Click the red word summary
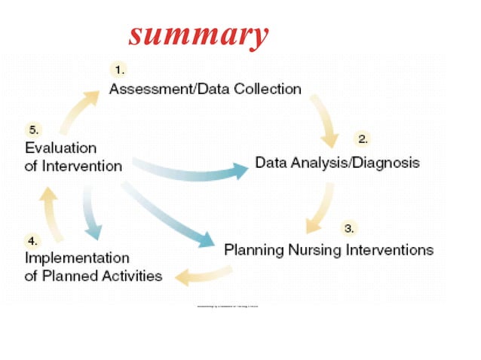(x=198, y=34)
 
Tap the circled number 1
(x=119, y=70)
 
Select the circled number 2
(x=362, y=139)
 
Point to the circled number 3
(x=349, y=227)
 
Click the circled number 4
(x=32, y=242)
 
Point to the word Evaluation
(x=60, y=148)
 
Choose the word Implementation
(x=77, y=258)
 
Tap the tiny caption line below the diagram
(x=227, y=307)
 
